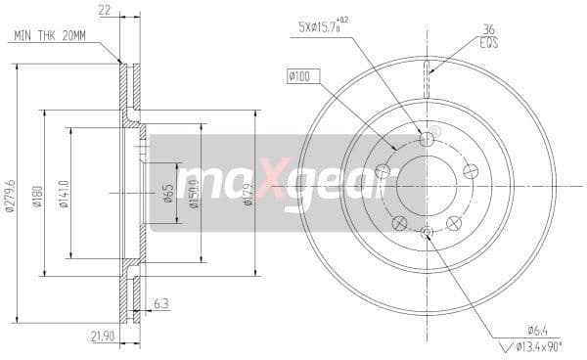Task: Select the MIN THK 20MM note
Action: click(x=49, y=36)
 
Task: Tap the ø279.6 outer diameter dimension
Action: click(x=10, y=193)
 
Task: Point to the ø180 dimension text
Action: click(x=37, y=193)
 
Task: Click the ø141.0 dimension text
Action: click(x=66, y=192)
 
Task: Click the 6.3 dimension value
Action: click(x=160, y=304)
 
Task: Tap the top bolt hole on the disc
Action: click(x=427, y=140)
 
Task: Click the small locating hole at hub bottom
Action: click(x=427, y=231)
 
